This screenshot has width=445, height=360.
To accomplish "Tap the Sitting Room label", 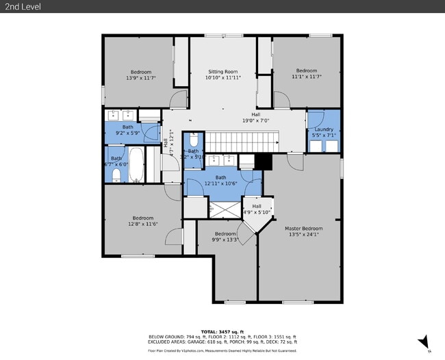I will [x=222, y=71].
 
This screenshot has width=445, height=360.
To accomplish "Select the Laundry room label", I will [x=324, y=129].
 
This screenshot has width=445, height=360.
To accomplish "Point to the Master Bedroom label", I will [x=303, y=228].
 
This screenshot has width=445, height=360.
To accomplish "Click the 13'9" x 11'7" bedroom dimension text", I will [x=142, y=77].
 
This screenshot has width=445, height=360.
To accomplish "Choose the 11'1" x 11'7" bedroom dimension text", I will [x=306, y=77].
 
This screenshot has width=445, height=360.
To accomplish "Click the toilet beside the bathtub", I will [x=116, y=176].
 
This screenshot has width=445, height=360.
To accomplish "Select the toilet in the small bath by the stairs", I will [x=194, y=140].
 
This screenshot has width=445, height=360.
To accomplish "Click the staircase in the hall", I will [x=240, y=142].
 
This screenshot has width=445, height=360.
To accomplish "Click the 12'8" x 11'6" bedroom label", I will [x=142, y=221].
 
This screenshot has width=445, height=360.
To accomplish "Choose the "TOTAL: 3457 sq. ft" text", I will [x=222, y=331].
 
